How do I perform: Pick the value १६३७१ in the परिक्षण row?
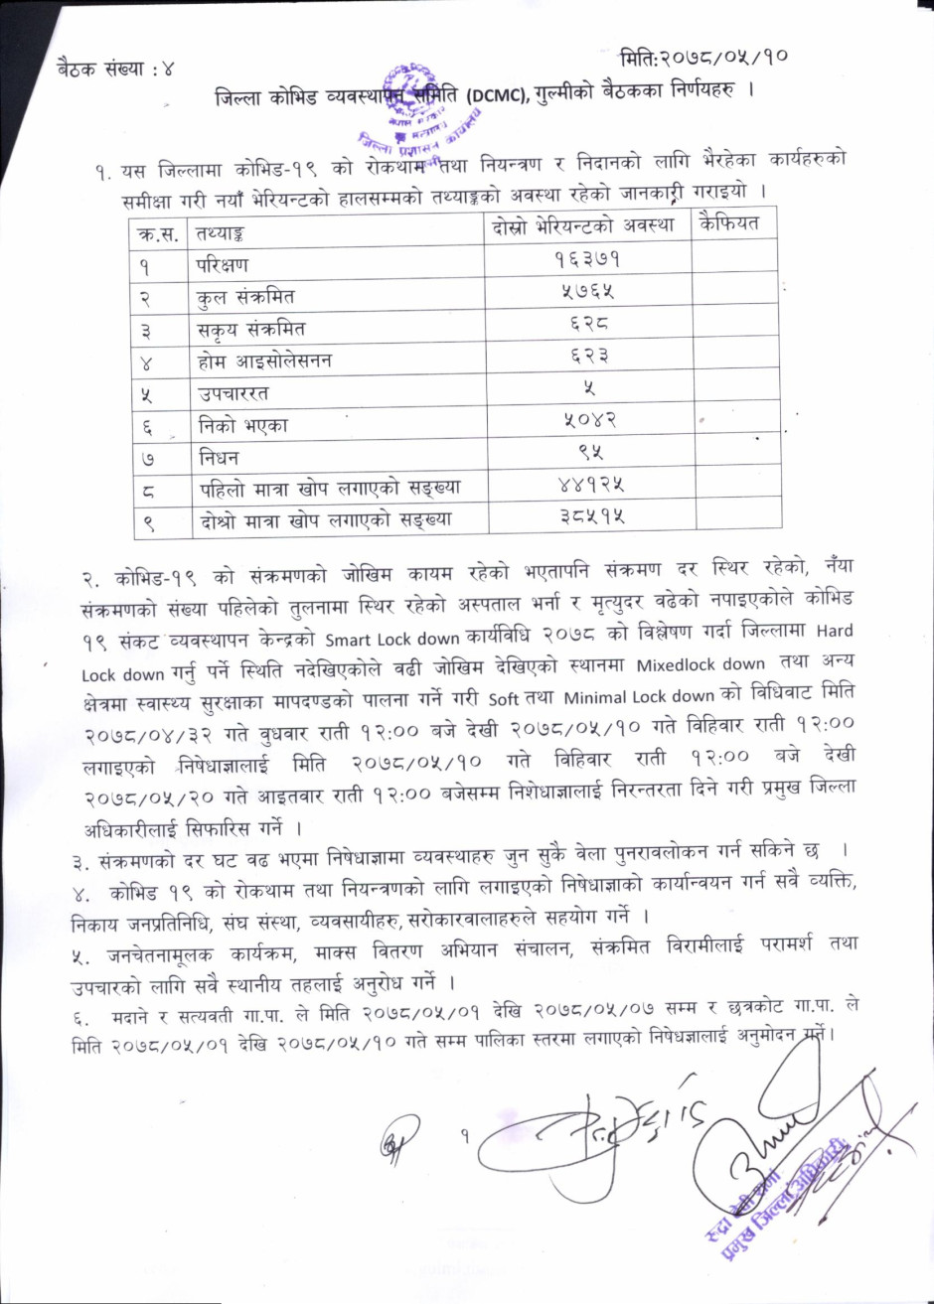tap(587, 261)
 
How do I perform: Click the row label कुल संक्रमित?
tap(245, 296)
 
